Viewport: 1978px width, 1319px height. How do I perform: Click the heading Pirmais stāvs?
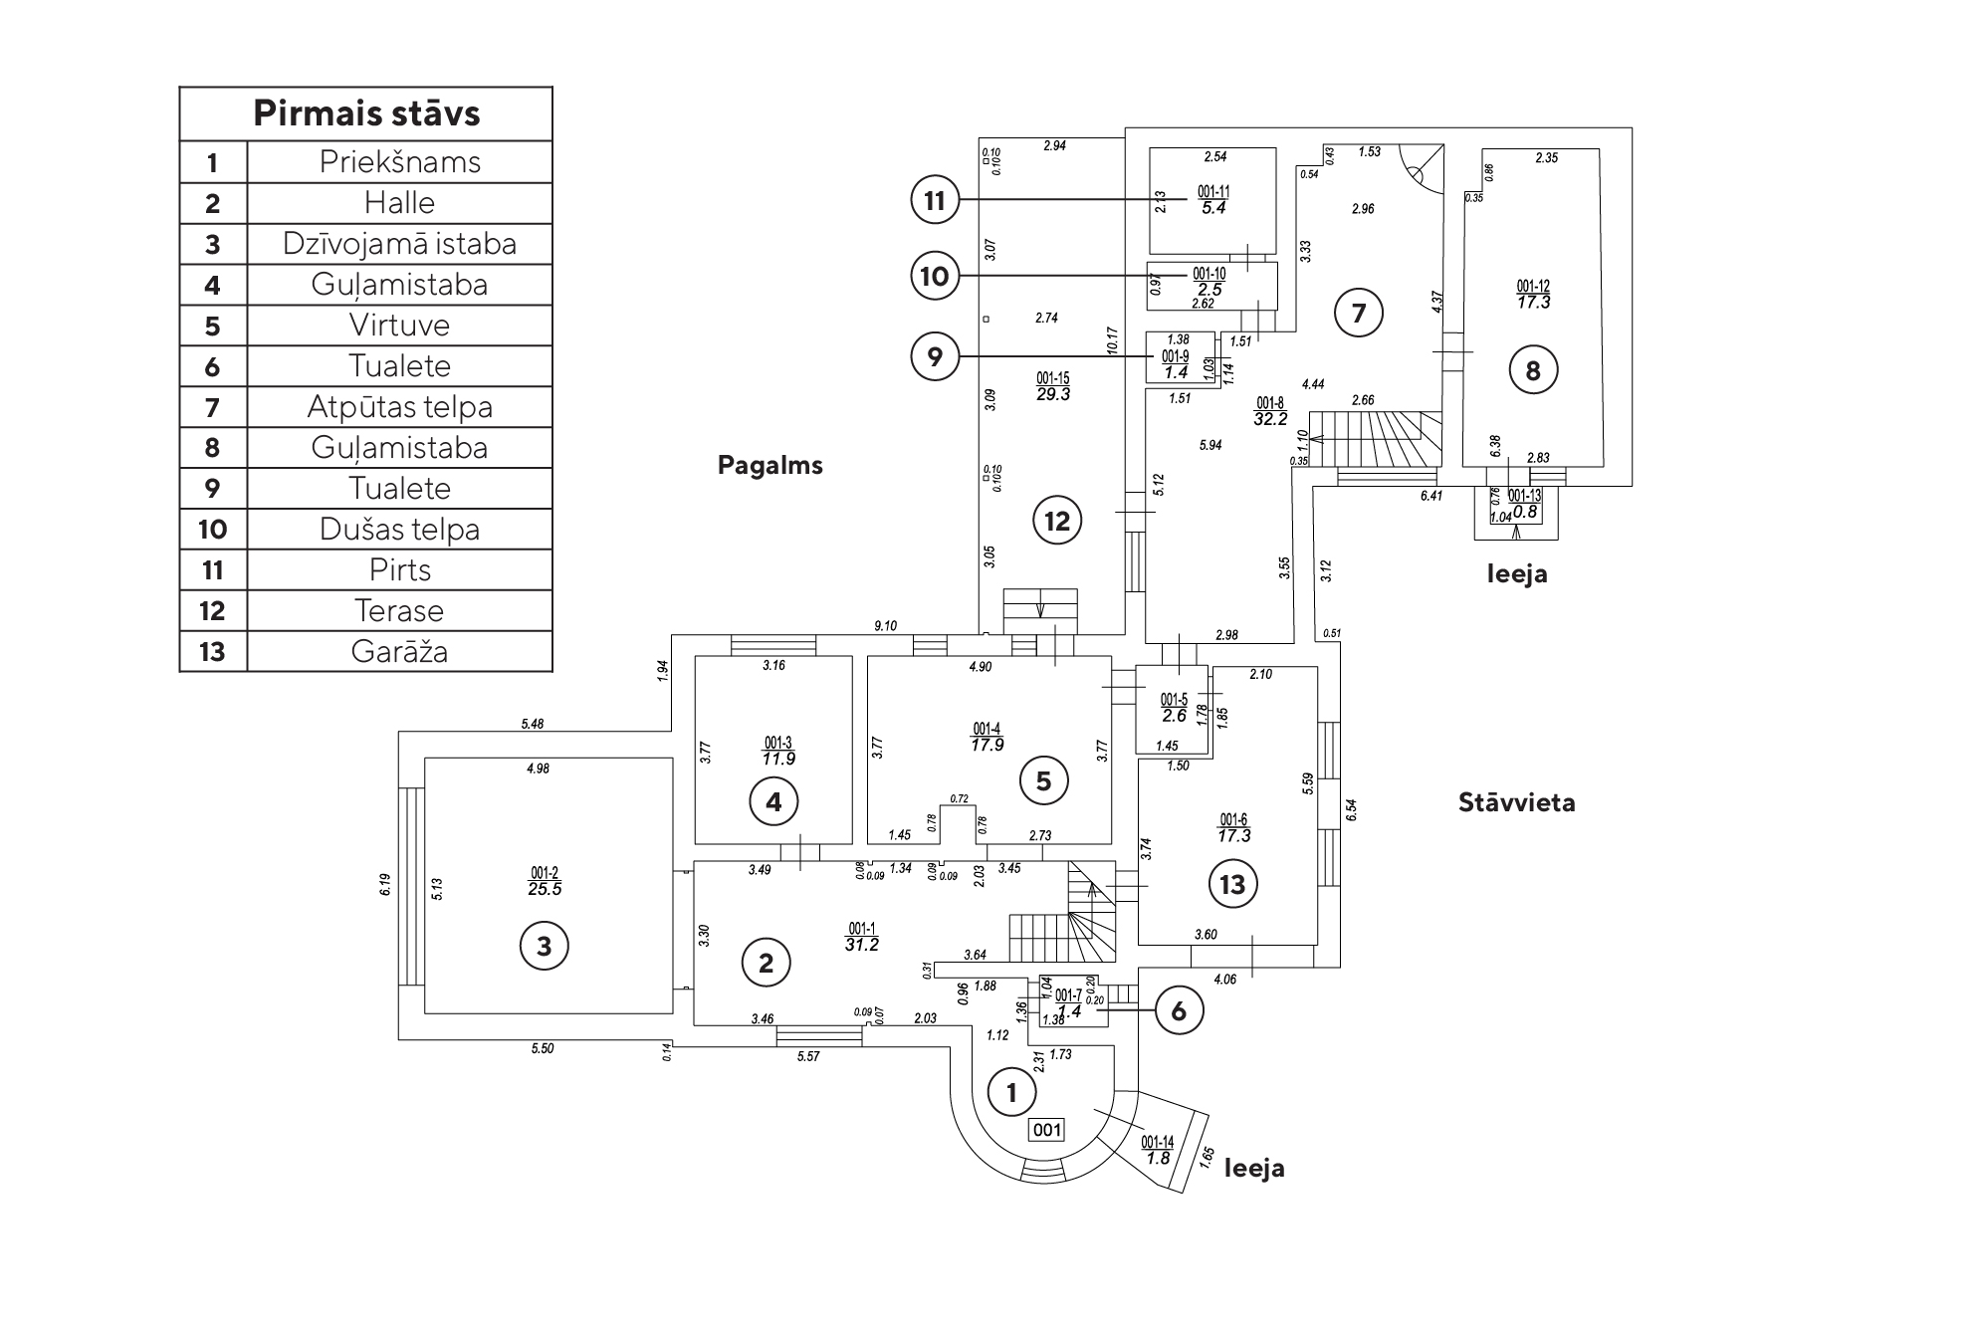coord(366,113)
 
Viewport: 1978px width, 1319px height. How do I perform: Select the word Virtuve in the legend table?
coord(399,326)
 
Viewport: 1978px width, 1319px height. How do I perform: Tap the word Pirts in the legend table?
coord(399,570)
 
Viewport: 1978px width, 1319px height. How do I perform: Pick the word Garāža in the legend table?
coord(399,652)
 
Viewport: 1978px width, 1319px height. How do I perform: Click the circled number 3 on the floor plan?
coord(544,946)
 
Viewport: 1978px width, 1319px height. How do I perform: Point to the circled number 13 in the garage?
coord(1232,884)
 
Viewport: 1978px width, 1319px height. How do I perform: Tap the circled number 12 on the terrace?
coord(1057,521)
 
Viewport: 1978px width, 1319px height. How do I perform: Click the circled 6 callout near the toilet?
coord(1179,1011)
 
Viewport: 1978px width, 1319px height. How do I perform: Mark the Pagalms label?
coord(769,466)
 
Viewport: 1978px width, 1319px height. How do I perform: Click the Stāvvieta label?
coord(1516,802)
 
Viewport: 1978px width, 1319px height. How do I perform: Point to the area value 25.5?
coord(545,890)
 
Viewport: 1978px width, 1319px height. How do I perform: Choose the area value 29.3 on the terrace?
coord(1052,394)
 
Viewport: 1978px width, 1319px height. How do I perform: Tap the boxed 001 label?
coord(1046,1130)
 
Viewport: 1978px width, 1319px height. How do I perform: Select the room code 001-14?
coord(1158,1142)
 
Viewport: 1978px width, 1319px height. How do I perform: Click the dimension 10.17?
coord(1113,340)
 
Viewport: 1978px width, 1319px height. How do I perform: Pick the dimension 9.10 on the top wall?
coord(885,626)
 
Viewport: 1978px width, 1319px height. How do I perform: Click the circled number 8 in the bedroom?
coord(1532,371)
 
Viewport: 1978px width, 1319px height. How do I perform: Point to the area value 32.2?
coord(1270,419)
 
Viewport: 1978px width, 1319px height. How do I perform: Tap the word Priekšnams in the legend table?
coord(399,162)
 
